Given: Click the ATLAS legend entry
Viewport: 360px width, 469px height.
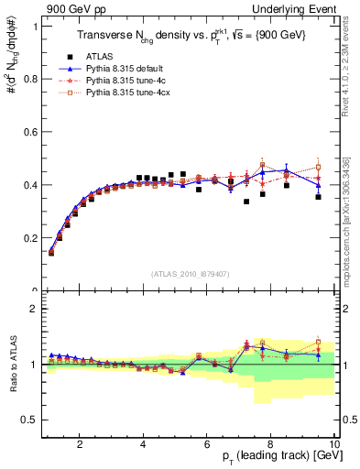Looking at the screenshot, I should click(x=101, y=57).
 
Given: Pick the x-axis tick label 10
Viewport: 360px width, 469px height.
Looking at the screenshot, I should click(x=333, y=445).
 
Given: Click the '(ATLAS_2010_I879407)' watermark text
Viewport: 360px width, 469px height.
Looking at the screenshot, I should click(x=191, y=272).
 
